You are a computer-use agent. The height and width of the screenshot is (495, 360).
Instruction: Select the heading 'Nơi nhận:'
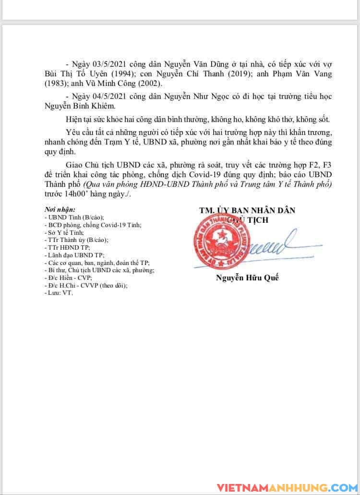60,210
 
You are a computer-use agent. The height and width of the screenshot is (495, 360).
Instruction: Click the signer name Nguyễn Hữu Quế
247,278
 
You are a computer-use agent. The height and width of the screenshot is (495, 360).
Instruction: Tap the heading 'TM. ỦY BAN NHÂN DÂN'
247,210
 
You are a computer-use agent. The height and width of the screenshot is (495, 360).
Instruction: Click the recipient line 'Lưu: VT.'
58,292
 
